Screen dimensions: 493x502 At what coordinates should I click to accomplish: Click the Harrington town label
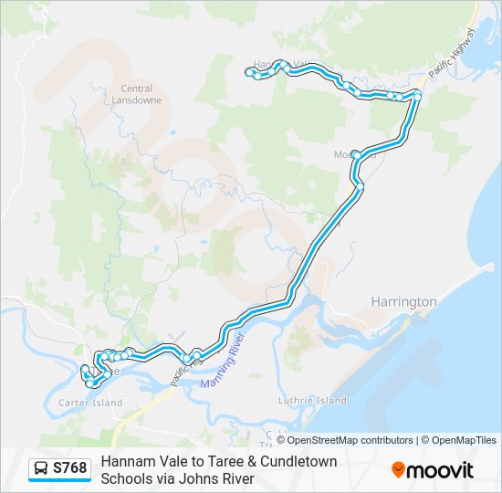(x=403, y=301)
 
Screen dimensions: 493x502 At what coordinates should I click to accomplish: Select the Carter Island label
(x=91, y=403)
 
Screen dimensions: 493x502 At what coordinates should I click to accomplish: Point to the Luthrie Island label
(x=311, y=400)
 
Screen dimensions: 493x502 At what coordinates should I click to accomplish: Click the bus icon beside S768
(x=42, y=469)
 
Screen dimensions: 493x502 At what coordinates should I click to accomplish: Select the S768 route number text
(x=70, y=469)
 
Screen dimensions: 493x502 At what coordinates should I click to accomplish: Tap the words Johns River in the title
(x=216, y=478)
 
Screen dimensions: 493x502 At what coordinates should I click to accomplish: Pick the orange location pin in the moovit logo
(x=399, y=470)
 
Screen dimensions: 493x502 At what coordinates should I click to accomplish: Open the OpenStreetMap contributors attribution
(x=338, y=440)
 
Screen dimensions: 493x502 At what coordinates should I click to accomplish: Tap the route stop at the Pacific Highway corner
(x=417, y=93)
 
